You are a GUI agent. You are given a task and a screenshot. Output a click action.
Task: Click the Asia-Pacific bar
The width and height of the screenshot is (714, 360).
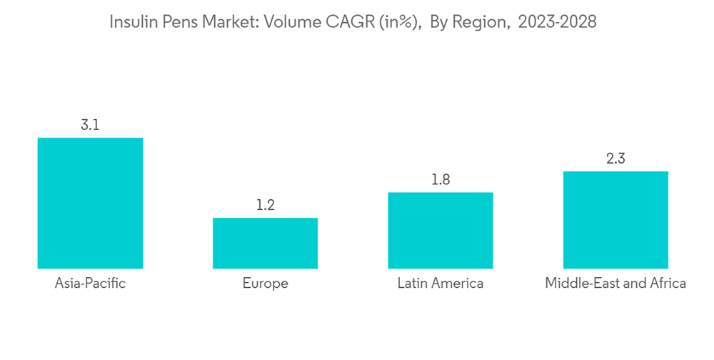click(90, 203)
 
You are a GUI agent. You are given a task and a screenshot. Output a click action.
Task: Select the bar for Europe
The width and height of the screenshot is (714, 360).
click(265, 243)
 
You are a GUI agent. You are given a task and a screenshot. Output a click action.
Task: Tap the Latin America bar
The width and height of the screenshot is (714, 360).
click(441, 230)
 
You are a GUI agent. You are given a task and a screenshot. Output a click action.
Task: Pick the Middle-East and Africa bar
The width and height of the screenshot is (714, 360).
click(615, 220)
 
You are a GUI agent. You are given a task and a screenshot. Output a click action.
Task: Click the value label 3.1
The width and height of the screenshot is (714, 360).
click(90, 125)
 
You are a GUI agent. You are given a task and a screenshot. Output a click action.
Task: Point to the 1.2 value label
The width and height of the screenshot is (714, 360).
click(265, 206)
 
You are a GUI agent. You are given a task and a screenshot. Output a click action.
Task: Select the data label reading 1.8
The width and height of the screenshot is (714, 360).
click(441, 180)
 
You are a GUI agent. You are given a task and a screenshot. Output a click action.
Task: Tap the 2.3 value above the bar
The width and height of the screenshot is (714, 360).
click(615, 159)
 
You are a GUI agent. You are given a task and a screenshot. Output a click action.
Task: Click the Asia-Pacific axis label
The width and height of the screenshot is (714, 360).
click(90, 284)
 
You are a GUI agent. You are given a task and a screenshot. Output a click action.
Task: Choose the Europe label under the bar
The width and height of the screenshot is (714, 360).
click(265, 284)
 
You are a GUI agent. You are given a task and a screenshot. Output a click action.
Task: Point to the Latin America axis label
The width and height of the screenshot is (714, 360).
click(441, 284)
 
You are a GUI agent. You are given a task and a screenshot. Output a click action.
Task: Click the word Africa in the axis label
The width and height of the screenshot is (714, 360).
click(668, 284)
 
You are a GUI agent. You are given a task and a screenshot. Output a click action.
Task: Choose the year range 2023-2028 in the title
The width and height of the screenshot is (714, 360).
click(557, 23)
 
